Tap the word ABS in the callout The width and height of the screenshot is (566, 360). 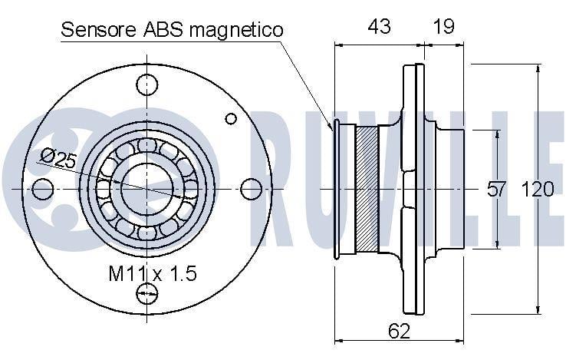(163, 30)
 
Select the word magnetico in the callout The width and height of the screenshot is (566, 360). (236, 31)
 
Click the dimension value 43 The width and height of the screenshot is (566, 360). (379, 26)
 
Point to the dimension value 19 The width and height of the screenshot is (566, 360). (443, 26)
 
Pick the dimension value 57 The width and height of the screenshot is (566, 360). (497, 190)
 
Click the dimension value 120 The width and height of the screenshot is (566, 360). (537, 190)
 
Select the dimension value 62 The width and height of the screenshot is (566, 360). (400, 330)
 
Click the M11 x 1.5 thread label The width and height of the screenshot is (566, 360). (153, 273)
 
